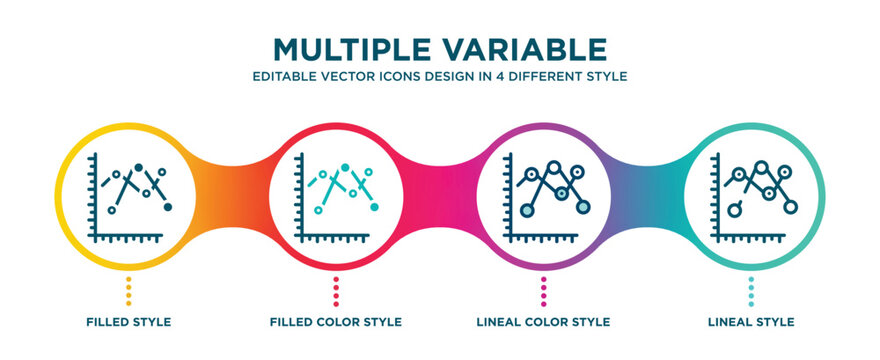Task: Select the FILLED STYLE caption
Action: click(128, 322)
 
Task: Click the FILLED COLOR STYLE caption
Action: click(336, 322)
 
